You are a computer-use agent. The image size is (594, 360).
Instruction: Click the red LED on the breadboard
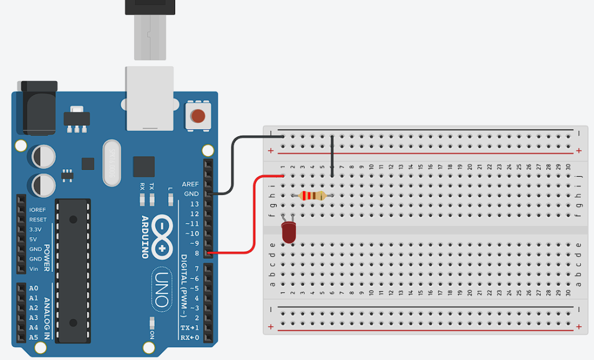coord(288,232)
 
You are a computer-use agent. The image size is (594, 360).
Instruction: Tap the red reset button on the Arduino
coord(198,116)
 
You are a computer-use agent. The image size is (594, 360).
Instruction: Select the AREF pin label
coord(190,184)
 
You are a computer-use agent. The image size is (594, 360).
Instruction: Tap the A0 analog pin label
coord(34,288)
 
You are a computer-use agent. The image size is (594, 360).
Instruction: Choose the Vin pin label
coord(34,268)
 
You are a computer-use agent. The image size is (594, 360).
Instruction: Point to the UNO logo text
coord(162,289)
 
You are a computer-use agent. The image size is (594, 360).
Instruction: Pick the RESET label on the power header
coord(38,220)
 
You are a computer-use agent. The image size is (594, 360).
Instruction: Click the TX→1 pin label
coord(189,328)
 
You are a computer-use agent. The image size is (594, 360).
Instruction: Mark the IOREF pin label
coord(37,210)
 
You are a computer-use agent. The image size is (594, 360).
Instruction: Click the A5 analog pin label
coord(34,337)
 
